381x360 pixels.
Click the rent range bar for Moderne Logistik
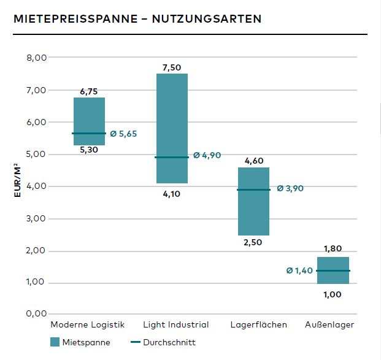click(x=89, y=121)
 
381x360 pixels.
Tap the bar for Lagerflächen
click(x=253, y=201)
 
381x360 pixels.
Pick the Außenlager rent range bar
click(x=333, y=270)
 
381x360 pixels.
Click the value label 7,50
click(x=172, y=67)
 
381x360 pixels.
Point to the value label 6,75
click(x=89, y=91)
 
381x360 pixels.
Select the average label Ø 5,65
click(x=123, y=134)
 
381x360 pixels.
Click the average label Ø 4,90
click(x=207, y=156)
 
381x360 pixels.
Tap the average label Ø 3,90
click(x=290, y=188)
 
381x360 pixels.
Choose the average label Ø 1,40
click(x=299, y=270)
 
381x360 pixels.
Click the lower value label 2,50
click(x=253, y=242)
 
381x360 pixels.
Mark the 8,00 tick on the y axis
click(x=37, y=58)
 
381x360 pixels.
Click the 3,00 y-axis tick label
click(x=37, y=219)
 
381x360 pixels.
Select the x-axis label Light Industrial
click(x=176, y=324)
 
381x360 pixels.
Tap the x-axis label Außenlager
click(x=329, y=324)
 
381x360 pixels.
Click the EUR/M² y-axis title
click(x=19, y=178)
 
